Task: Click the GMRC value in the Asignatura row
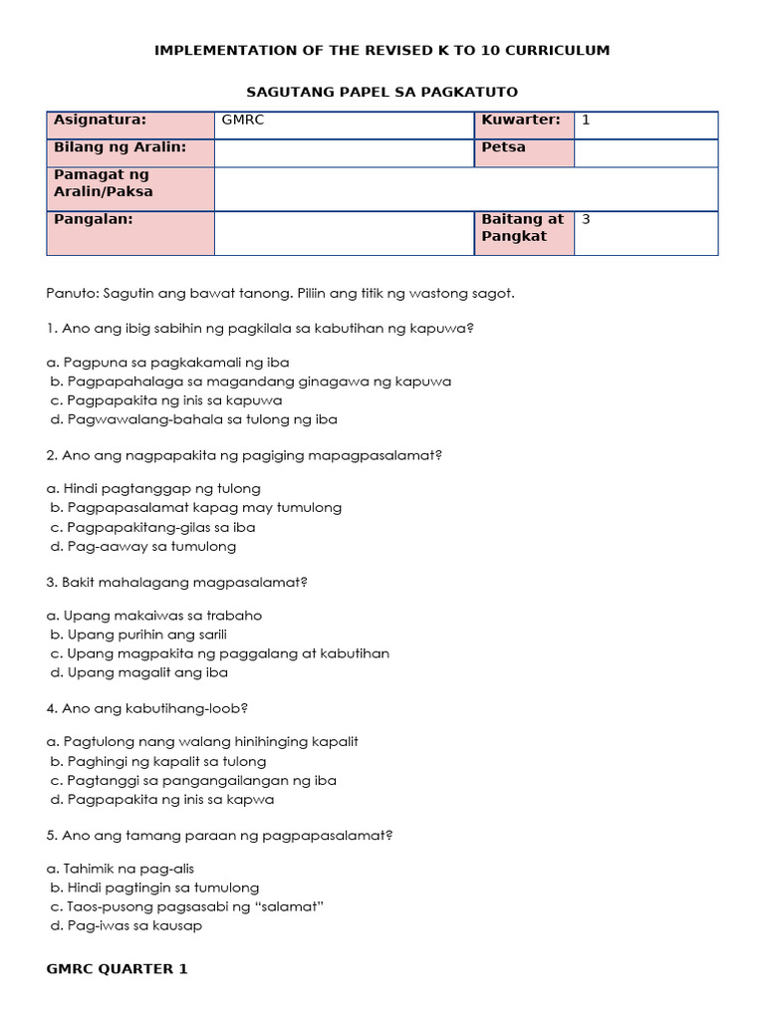click(x=243, y=121)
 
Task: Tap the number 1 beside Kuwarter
click(x=586, y=121)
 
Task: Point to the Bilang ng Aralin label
click(x=120, y=147)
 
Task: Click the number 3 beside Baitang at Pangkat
click(x=586, y=219)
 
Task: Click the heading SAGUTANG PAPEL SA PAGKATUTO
click(x=382, y=92)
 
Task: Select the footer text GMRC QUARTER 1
click(x=117, y=968)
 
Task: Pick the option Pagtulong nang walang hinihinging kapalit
click(x=202, y=742)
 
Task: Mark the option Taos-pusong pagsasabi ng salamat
click(x=188, y=906)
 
